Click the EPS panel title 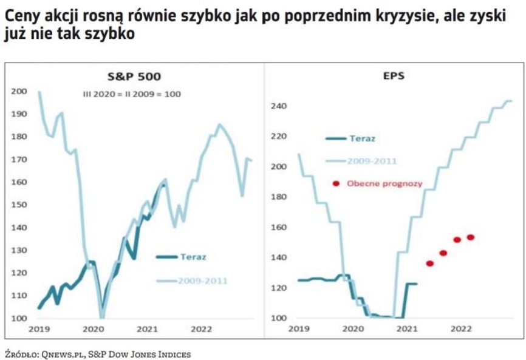click(x=394, y=77)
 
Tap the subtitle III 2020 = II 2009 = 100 click(x=132, y=94)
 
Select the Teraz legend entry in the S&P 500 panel click(x=193, y=257)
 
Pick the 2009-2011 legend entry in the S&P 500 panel click(x=203, y=280)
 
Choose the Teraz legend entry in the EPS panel click(x=362, y=138)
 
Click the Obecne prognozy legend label click(x=384, y=183)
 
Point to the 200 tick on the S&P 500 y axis click(x=19, y=91)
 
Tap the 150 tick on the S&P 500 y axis click(x=19, y=205)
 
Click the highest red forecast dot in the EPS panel click(x=470, y=237)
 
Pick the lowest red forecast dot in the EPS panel click(x=430, y=263)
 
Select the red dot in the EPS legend click(x=335, y=183)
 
